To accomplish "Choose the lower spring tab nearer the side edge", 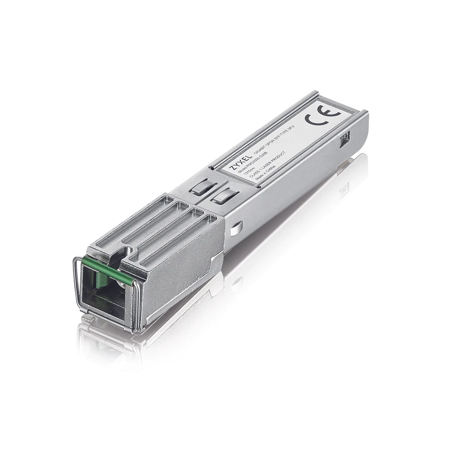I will [223, 195].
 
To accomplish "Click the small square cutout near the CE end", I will [346, 138].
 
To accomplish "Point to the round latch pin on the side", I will [236, 227].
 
